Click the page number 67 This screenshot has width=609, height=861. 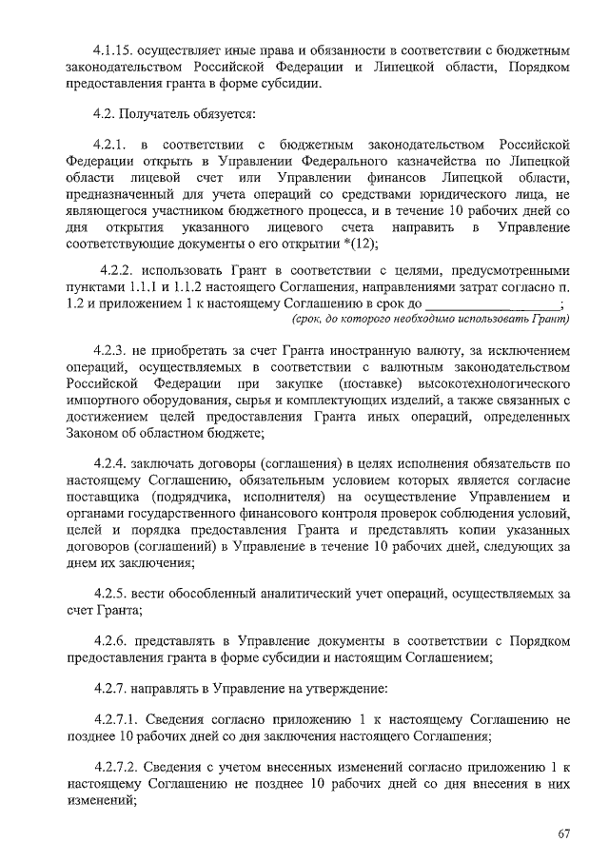pos(563,834)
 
